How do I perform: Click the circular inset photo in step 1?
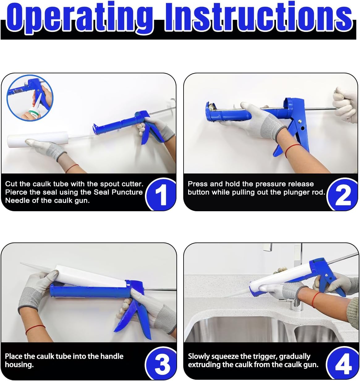[x=30, y=98]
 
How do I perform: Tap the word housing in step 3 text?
[x=19, y=365]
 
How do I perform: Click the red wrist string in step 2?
[x=292, y=150]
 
